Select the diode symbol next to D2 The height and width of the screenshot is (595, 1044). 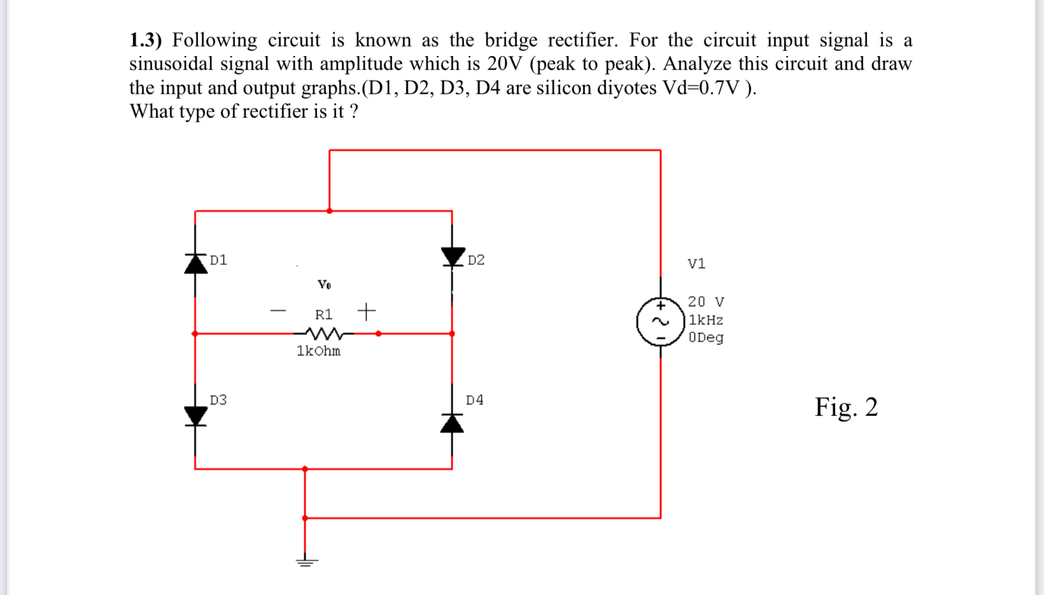(453, 256)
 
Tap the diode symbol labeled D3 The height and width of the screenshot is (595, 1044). (195, 415)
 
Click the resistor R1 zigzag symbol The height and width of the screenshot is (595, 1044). (324, 333)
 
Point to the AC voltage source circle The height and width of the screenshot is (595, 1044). (661, 321)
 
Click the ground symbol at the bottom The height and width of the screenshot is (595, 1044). (306, 561)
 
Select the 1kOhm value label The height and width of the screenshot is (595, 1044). (318, 351)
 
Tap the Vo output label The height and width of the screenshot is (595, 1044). (324, 285)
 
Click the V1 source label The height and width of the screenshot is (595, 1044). (696, 264)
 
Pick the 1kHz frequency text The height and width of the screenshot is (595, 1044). (706, 320)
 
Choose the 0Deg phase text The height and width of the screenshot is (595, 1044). (706, 338)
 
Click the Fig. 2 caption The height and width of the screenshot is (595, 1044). (846, 407)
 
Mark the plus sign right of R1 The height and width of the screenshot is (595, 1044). (367, 312)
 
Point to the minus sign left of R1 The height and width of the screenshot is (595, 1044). (278, 312)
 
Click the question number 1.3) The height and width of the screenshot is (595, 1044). (146, 40)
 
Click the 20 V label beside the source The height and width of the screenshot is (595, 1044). (706, 301)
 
